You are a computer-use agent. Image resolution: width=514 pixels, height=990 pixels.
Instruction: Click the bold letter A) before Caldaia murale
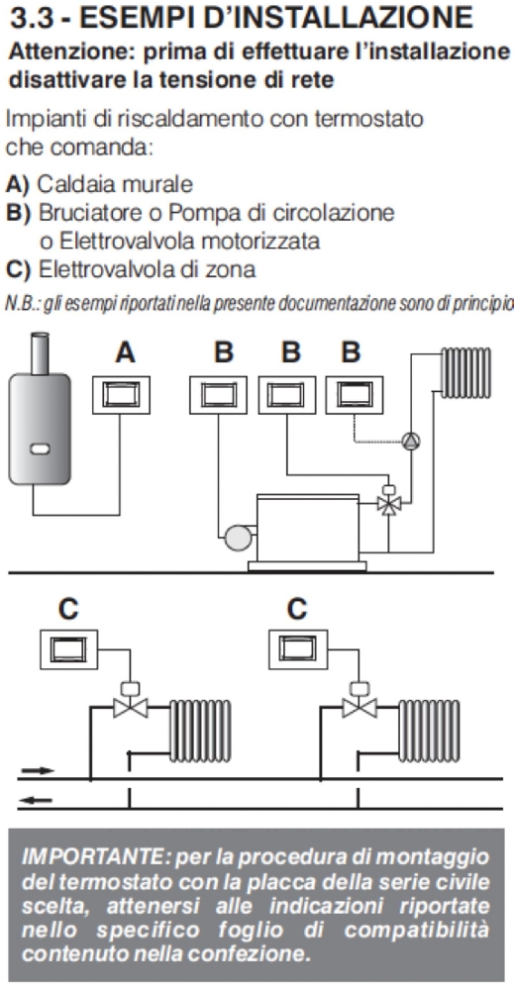(x=18, y=184)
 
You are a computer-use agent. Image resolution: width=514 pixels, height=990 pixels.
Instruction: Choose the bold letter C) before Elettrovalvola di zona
(x=18, y=269)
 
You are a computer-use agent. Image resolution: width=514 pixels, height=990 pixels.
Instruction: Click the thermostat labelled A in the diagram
(x=121, y=395)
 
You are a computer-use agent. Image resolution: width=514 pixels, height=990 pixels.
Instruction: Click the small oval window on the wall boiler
(x=40, y=449)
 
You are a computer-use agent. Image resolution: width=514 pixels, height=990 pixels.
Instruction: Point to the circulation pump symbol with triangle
(x=411, y=441)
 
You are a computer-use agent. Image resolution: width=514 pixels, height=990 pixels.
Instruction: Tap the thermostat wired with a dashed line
(x=353, y=395)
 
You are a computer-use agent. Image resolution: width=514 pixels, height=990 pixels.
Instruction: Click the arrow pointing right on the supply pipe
(x=38, y=771)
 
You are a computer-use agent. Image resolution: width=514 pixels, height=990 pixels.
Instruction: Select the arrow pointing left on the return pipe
(x=38, y=802)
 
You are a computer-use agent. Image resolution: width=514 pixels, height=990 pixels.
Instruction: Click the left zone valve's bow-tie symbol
(x=130, y=708)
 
